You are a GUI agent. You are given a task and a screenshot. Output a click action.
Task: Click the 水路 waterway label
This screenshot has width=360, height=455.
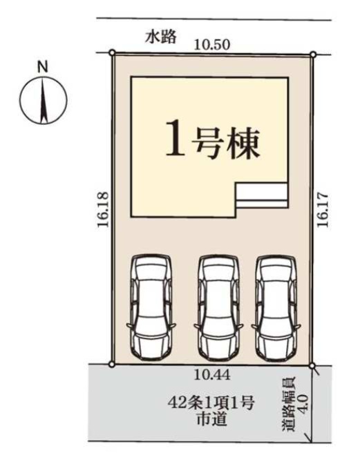pos(161,37)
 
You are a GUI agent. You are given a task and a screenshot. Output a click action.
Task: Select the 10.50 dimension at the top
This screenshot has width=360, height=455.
pos(212,45)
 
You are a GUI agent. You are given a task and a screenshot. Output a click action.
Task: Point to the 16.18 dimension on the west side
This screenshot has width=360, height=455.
pos(103,209)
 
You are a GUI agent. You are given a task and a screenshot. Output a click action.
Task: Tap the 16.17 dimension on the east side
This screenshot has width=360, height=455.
pos(323,210)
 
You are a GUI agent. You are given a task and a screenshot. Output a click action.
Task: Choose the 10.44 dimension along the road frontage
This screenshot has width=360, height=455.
pos(212,375)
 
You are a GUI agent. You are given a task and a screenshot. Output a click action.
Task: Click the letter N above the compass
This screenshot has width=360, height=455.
pos(43,68)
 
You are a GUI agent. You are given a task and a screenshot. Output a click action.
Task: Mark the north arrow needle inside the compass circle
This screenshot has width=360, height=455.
pos(44,100)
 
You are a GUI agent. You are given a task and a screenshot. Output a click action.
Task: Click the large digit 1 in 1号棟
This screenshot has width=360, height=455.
pos(176,137)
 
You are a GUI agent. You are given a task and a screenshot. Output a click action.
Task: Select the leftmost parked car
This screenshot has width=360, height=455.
pos(151,308)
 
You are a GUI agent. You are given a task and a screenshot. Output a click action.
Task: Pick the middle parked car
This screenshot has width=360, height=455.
pos(218,308)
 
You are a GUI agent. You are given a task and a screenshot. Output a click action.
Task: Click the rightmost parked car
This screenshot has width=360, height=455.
pos(276,308)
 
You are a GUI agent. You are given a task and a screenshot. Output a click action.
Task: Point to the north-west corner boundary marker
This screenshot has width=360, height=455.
pos(113,52)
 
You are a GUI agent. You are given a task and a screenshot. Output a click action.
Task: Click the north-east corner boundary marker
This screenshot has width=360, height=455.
pos(313,55)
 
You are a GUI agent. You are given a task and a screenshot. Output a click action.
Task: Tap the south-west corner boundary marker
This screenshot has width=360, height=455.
pos(111,364)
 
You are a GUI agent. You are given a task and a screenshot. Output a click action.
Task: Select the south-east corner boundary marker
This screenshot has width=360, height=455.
pos(312,366)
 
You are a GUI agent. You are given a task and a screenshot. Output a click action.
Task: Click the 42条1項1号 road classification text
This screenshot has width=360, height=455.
pos(211,403)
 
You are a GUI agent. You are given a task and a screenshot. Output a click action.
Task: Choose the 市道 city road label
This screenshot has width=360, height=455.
pos(211,419)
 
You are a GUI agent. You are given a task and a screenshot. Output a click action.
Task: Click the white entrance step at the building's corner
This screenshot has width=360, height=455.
pos(262,195)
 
